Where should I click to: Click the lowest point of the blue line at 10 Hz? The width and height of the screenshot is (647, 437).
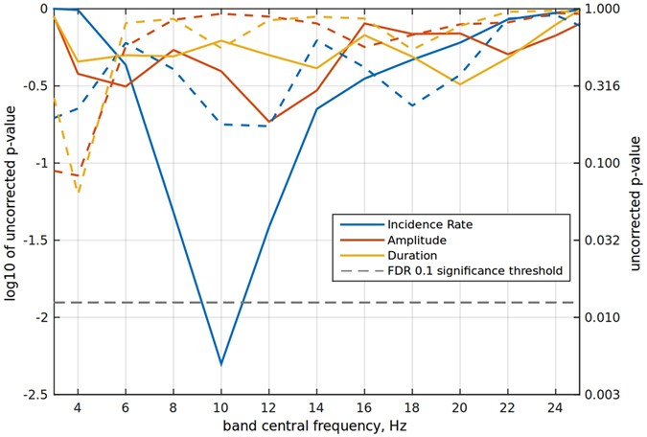coord(221,364)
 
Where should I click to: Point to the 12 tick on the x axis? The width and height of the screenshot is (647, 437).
coord(268,406)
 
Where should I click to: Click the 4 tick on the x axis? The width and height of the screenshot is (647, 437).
coord(78,406)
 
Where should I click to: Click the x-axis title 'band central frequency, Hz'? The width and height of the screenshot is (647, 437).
coord(316,425)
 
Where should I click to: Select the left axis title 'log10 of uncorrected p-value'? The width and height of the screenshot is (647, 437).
coord(11,201)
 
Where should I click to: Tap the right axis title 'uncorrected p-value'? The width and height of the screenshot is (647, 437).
coord(635,201)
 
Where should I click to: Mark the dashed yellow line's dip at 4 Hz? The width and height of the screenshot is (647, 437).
coord(78,192)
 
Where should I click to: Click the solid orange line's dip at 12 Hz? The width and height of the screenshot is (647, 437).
coord(269,124)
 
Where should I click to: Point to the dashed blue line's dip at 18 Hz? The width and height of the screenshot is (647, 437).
coord(412,105)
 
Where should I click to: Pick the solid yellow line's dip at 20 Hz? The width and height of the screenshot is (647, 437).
coord(460,84)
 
